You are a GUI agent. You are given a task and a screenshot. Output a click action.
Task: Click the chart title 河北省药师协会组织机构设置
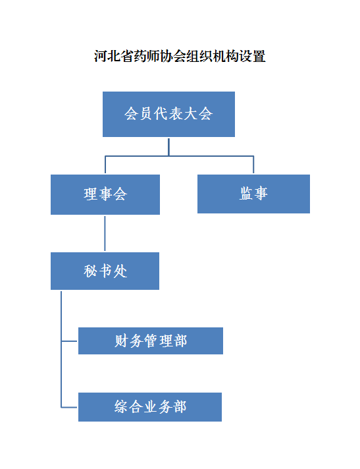(x=180, y=56)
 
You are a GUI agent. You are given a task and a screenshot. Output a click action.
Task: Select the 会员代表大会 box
(x=168, y=114)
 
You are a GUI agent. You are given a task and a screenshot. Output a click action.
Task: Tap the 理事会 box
(x=105, y=194)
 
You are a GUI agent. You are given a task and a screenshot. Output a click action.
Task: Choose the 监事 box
(x=253, y=194)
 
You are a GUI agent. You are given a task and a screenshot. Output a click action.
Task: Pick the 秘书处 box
(x=105, y=271)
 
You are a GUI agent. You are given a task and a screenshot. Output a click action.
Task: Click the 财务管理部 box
(x=151, y=341)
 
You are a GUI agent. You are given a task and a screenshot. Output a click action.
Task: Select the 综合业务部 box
(x=150, y=407)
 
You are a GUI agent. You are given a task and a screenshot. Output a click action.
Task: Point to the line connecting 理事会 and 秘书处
(x=105, y=233)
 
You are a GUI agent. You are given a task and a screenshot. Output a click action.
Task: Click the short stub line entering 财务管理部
(x=69, y=341)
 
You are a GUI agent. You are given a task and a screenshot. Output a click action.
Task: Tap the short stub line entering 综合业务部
(x=69, y=407)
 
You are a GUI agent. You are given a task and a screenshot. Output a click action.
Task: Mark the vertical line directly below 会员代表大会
(x=168, y=147)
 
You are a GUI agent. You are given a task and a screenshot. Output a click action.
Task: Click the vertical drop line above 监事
(x=253, y=165)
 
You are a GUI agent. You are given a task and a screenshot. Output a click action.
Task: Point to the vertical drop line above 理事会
(x=105, y=165)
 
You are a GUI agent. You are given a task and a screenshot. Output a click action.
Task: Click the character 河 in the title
(x=101, y=56)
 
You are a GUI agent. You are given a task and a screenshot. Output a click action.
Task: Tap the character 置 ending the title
(x=259, y=56)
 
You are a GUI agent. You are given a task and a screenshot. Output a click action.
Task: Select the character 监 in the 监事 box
(x=246, y=193)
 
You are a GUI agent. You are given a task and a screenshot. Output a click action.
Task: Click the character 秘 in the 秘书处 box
(x=90, y=271)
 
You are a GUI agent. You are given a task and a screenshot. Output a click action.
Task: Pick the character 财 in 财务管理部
(x=121, y=341)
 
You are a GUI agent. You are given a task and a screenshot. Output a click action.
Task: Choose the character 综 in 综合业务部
(x=121, y=407)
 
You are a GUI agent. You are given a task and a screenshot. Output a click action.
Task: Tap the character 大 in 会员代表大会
(x=190, y=114)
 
